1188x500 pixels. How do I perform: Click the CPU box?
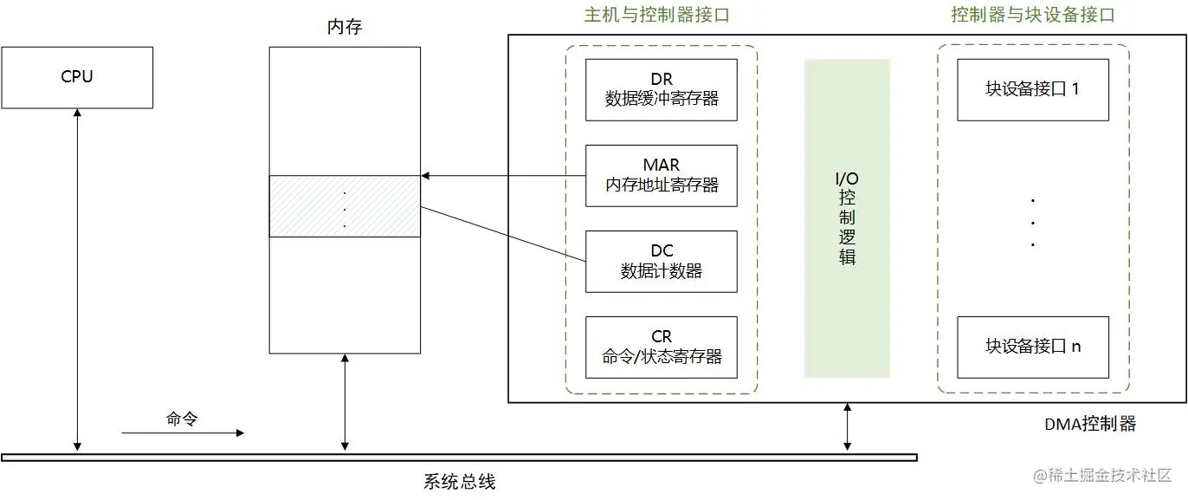click(x=77, y=77)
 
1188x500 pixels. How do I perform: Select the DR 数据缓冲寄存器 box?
click(x=662, y=89)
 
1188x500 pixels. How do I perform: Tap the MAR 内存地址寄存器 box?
click(x=662, y=175)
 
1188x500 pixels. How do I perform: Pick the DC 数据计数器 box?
click(x=662, y=261)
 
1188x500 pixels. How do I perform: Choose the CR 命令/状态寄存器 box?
click(x=662, y=347)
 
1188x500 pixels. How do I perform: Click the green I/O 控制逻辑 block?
click(x=847, y=218)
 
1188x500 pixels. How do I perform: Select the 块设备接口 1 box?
click(x=1032, y=89)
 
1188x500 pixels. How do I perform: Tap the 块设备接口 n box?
click(x=1032, y=347)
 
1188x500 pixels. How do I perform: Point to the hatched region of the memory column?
click(x=345, y=206)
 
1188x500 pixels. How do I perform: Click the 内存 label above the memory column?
click(x=345, y=27)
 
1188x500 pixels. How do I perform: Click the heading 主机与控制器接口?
click(x=662, y=15)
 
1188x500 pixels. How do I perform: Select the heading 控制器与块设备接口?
click(x=1032, y=15)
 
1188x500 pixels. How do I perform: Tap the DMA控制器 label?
click(x=1089, y=424)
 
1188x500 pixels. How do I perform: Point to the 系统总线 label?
click(x=460, y=482)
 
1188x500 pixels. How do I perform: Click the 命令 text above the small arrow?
click(x=183, y=419)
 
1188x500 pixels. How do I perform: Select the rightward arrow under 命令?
click(x=183, y=432)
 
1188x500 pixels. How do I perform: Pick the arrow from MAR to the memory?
click(x=503, y=176)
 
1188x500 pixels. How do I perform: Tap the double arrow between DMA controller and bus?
click(x=848, y=427)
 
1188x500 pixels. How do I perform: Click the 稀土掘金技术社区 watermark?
click(x=1101, y=475)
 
